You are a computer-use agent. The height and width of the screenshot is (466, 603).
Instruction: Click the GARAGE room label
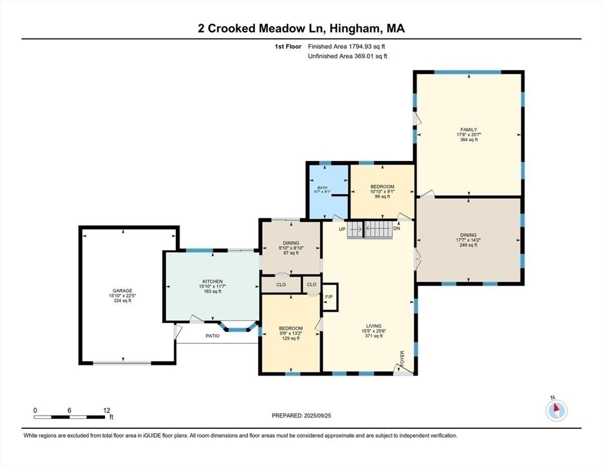coord(123,291)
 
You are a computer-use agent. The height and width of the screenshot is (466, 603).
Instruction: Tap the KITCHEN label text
coord(213,282)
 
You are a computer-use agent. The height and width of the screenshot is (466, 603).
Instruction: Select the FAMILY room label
coord(469,130)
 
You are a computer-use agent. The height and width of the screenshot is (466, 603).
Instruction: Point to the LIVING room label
coord(374,326)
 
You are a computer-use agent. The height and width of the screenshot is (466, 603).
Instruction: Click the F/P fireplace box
coord(329,297)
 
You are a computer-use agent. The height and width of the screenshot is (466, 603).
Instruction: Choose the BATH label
coord(322,187)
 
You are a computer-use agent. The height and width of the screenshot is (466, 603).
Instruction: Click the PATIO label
coord(213,336)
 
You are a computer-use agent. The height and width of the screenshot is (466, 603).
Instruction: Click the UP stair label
coord(342,229)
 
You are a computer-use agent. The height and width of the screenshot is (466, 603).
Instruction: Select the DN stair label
coord(397,229)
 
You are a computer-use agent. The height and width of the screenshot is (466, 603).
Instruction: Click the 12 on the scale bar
coord(107,411)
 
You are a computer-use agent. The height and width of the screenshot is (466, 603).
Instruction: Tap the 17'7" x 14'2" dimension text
coord(468,240)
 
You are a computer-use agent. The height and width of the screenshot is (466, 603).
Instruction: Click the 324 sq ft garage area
coord(123,300)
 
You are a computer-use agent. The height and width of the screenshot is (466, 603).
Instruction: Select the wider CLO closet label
coord(281,285)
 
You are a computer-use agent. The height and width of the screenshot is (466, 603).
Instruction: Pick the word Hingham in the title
coord(352,28)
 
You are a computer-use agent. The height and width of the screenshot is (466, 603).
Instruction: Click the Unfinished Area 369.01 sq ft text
coord(348,56)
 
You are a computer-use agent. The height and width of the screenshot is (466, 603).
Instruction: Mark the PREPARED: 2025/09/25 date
coord(301,416)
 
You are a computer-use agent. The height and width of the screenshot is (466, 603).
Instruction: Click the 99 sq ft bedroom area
coord(382,197)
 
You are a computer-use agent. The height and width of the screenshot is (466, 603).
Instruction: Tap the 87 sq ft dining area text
coord(291,253)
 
